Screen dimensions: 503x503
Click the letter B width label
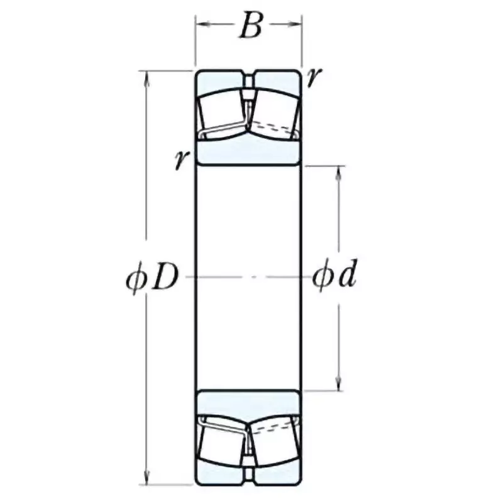250,27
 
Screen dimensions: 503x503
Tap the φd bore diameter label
335,277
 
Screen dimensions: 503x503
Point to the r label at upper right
314,77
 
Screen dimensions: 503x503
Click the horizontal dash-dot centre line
248,277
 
